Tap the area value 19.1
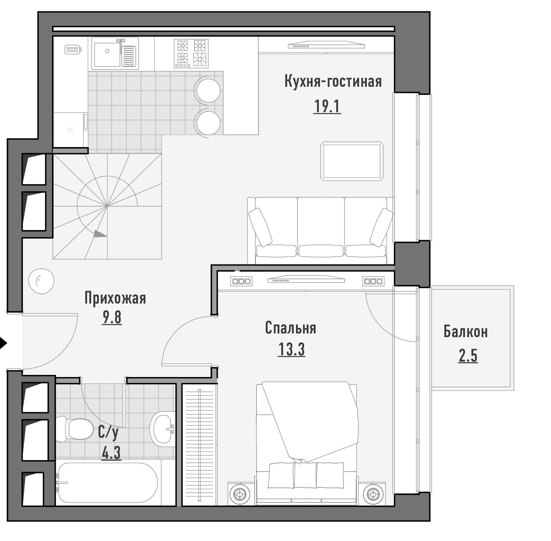tap(327, 107)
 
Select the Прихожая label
tap(115, 298)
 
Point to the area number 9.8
tap(112, 318)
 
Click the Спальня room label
tap(290, 328)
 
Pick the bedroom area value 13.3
tap(291, 349)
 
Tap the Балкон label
tap(466, 332)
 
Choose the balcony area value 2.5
tap(468, 356)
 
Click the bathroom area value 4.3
tap(111, 453)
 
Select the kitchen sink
tap(115, 53)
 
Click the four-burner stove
tap(191, 53)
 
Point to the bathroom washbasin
tap(162, 429)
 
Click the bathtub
tap(108, 483)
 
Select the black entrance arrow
tap(3, 343)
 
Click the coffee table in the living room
tap(352, 161)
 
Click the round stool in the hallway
tap(42, 281)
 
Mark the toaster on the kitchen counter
tap(73, 49)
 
